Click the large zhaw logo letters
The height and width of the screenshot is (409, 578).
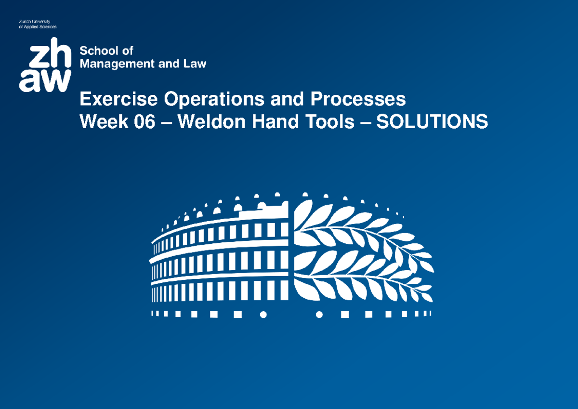point(45,65)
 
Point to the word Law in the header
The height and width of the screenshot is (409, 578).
point(195,63)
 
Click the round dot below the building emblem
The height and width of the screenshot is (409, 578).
point(263,315)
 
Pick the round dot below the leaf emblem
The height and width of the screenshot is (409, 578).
point(318,315)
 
